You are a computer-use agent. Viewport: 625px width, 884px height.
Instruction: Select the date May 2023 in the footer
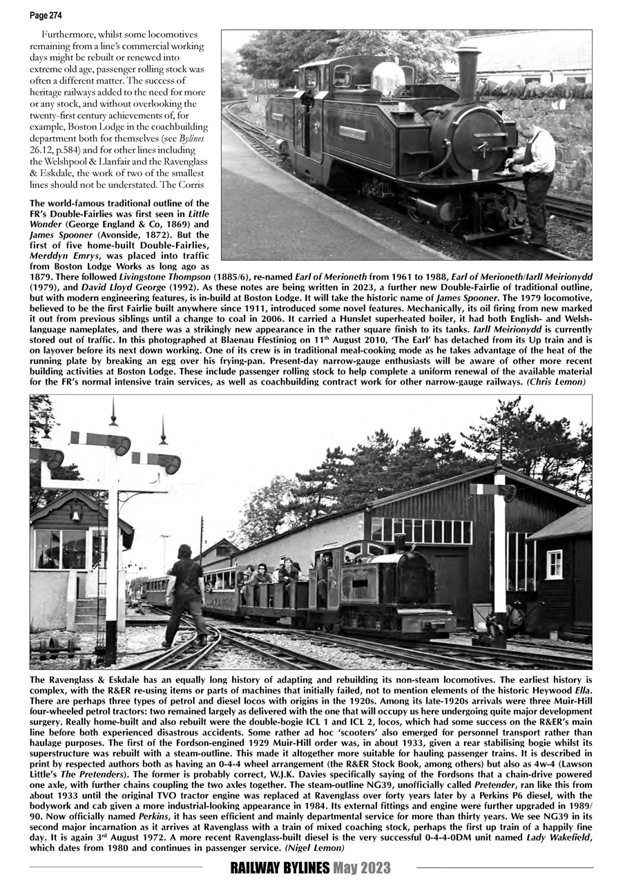click(x=363, y=868)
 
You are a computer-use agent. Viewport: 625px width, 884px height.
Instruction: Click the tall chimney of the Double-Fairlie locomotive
click(x=468, y=73)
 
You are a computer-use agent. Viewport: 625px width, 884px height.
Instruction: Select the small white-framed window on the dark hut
click(x=554, y=564)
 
